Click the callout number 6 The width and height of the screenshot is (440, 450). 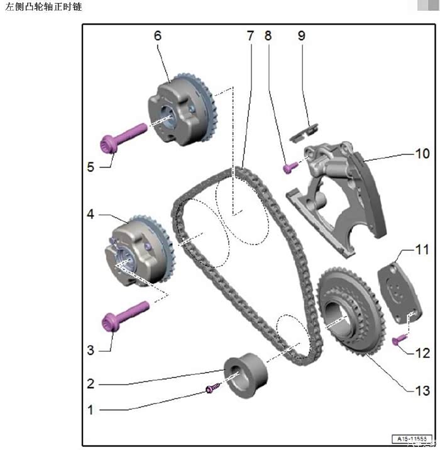157,35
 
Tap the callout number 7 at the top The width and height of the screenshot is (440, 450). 250,35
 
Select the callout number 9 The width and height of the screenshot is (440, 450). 301,35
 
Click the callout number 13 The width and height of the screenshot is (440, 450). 423,390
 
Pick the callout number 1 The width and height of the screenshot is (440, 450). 91,410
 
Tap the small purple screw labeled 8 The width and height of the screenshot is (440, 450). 290,167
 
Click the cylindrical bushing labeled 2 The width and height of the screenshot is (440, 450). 246,376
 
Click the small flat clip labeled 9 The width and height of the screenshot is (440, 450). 303,131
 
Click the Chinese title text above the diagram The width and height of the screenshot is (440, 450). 43,7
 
